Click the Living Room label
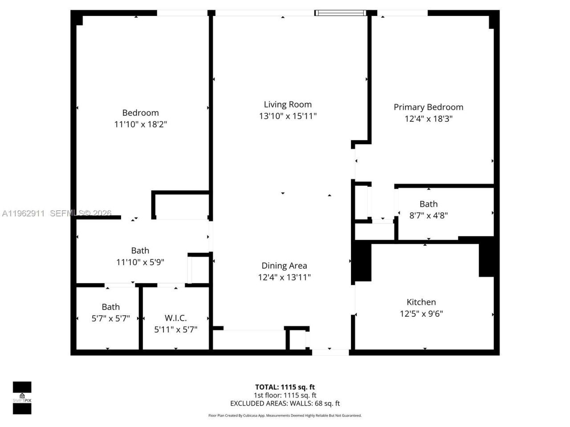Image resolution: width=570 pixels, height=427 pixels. [x=288, y=105]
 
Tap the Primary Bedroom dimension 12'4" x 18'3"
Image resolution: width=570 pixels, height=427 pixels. [x=428, y=119]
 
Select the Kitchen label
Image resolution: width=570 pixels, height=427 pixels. [x=421, y=302]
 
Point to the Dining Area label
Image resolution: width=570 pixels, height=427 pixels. [x=284, y=266]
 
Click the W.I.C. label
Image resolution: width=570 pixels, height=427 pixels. [x=175, y=318]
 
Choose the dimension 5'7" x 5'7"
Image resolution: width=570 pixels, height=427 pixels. [x=110, y=318]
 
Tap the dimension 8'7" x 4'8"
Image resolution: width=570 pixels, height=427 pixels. [x=428, y=216]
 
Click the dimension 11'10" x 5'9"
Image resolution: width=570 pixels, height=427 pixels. [x=140, y=262]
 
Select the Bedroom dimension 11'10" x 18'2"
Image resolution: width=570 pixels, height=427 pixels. [x=140, y=125]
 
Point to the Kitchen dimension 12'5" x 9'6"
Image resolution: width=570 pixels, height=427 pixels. [x=421, y=314]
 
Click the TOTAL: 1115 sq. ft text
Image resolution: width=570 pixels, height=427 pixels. [x=285, y=387]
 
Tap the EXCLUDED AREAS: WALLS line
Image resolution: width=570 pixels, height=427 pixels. [x=285, y=403]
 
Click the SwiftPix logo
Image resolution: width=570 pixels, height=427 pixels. [x=22, y=398]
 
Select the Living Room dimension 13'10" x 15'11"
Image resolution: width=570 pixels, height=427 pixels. [x=288, y=116]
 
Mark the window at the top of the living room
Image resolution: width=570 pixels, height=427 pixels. [x=341, y=13]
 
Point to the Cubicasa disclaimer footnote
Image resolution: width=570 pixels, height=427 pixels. [x=285, y=415]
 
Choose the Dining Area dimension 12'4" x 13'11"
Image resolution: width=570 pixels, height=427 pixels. [x=284, y=277]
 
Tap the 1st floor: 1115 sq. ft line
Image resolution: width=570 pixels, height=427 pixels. [x=285, y=395]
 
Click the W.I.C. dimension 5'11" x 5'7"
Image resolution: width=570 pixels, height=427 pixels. [x=175, y=330]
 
